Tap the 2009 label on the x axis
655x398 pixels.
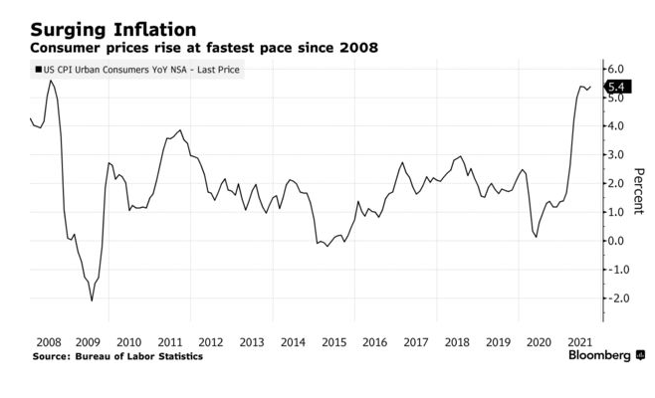point(89,340)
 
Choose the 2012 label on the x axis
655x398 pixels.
point(211,340)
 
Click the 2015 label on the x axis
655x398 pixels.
point(333,340)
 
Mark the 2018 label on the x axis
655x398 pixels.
point(456,340)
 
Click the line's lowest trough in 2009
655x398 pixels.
point(92,300)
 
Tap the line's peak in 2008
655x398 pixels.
point(51,81)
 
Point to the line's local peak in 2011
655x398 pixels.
point(179,129)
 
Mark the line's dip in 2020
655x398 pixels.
point(537,237)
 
